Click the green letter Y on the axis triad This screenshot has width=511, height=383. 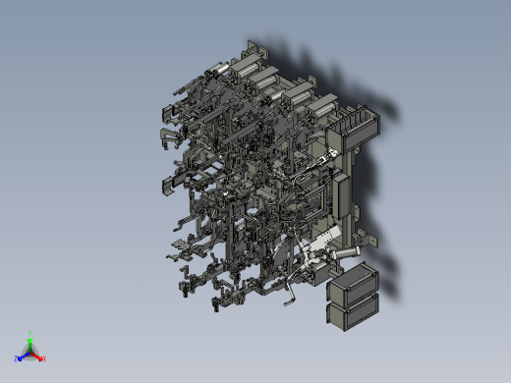coord(31,333)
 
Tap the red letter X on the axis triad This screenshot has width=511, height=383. coord(44,358)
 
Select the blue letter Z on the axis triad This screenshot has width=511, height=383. coord(17,359)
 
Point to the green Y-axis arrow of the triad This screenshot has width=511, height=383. coord(30,341)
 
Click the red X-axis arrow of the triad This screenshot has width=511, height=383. coord(38,356)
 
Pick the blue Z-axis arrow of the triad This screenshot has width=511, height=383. coord(23,356)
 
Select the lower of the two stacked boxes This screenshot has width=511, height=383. coord(353,312)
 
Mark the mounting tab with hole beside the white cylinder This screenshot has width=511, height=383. coord(369,237)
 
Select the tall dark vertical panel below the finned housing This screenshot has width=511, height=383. coord(343,192)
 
